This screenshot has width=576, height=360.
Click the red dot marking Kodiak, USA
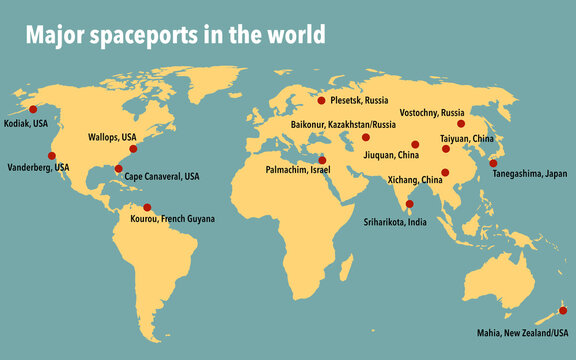point(32,109)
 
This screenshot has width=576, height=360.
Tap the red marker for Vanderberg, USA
point(52,155)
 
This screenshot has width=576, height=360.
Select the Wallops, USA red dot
point(134,148)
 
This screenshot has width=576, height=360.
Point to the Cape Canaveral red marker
point(119,169)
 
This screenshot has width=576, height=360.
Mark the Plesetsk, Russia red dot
point(322,100)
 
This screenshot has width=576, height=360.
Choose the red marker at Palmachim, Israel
point(323,160)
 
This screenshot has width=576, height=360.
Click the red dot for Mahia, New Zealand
point(562,310)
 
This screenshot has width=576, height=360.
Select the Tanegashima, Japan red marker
point(493,162)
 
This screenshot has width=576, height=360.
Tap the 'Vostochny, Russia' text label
point(431,112)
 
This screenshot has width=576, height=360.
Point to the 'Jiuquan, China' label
point(394,156)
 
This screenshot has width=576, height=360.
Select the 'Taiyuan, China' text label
point(467,138)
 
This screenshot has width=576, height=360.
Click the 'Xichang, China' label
point(417,180)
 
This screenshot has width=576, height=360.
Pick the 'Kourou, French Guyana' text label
point(172,218)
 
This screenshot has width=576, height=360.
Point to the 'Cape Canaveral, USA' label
point(162,176)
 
